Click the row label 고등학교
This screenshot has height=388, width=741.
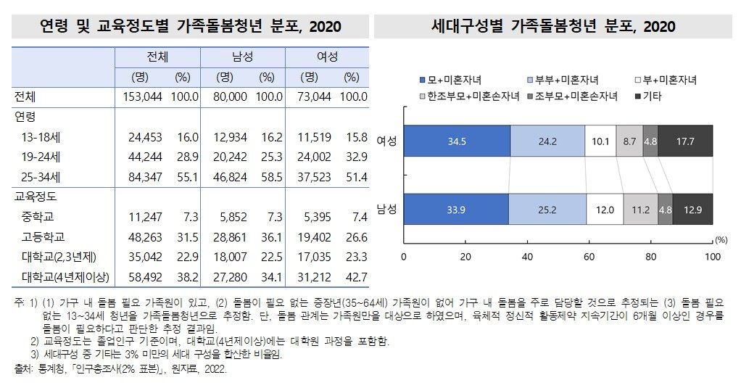[x=44, y=236]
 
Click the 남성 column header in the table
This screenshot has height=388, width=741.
[x=242, y=57]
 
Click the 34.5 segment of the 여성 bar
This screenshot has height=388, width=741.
[x=456, y=141]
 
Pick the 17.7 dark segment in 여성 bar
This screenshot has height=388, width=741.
[x=685, y=141]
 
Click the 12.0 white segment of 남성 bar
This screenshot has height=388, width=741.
[x=605, y=210]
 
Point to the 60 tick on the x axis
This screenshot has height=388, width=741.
[x=589, y=256]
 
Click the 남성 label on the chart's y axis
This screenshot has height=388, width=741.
[x=386, y=210]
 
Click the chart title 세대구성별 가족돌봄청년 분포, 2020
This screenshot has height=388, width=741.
[x=553, y=27]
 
